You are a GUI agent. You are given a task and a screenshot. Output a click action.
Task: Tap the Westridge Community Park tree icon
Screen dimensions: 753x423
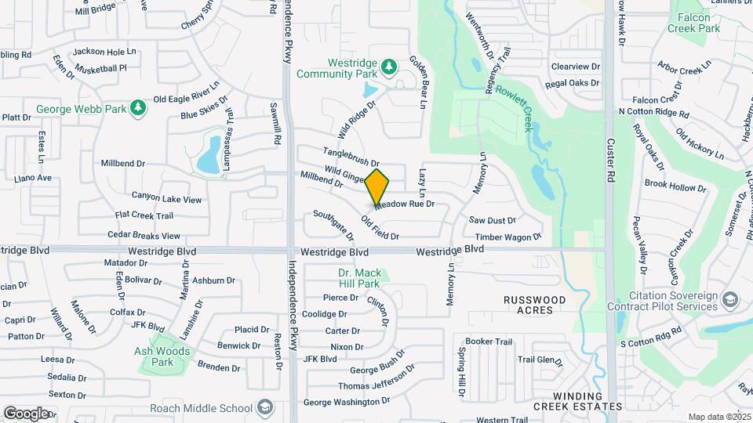click(387, 68)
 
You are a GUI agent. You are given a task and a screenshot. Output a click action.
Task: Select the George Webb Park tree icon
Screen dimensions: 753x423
click(138, 107)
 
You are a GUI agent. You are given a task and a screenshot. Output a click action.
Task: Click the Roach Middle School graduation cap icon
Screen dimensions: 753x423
click(265, 407)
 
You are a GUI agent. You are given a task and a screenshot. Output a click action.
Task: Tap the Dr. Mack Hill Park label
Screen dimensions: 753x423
click(359, 278)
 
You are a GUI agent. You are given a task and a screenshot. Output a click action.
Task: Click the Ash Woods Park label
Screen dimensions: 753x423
click(162, 356)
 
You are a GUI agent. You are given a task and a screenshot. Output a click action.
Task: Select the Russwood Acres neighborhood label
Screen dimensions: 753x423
click(534, 305)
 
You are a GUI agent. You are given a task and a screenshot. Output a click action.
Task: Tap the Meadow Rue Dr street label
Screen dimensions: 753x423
click(405, 204)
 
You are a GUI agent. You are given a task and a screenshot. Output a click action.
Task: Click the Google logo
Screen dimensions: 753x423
click(26, 413)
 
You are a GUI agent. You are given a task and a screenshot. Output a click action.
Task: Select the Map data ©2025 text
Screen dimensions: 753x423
click(718, 416)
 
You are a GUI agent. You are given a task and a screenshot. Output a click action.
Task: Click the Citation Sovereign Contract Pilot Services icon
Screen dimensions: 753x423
click(731, 300)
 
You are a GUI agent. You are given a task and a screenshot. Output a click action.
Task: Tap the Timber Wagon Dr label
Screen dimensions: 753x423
click(508, 237)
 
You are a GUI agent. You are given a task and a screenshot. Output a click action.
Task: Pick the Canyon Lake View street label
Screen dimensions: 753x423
click(166, 199)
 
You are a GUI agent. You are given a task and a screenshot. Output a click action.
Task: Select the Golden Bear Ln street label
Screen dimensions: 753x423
click(419, 81)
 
